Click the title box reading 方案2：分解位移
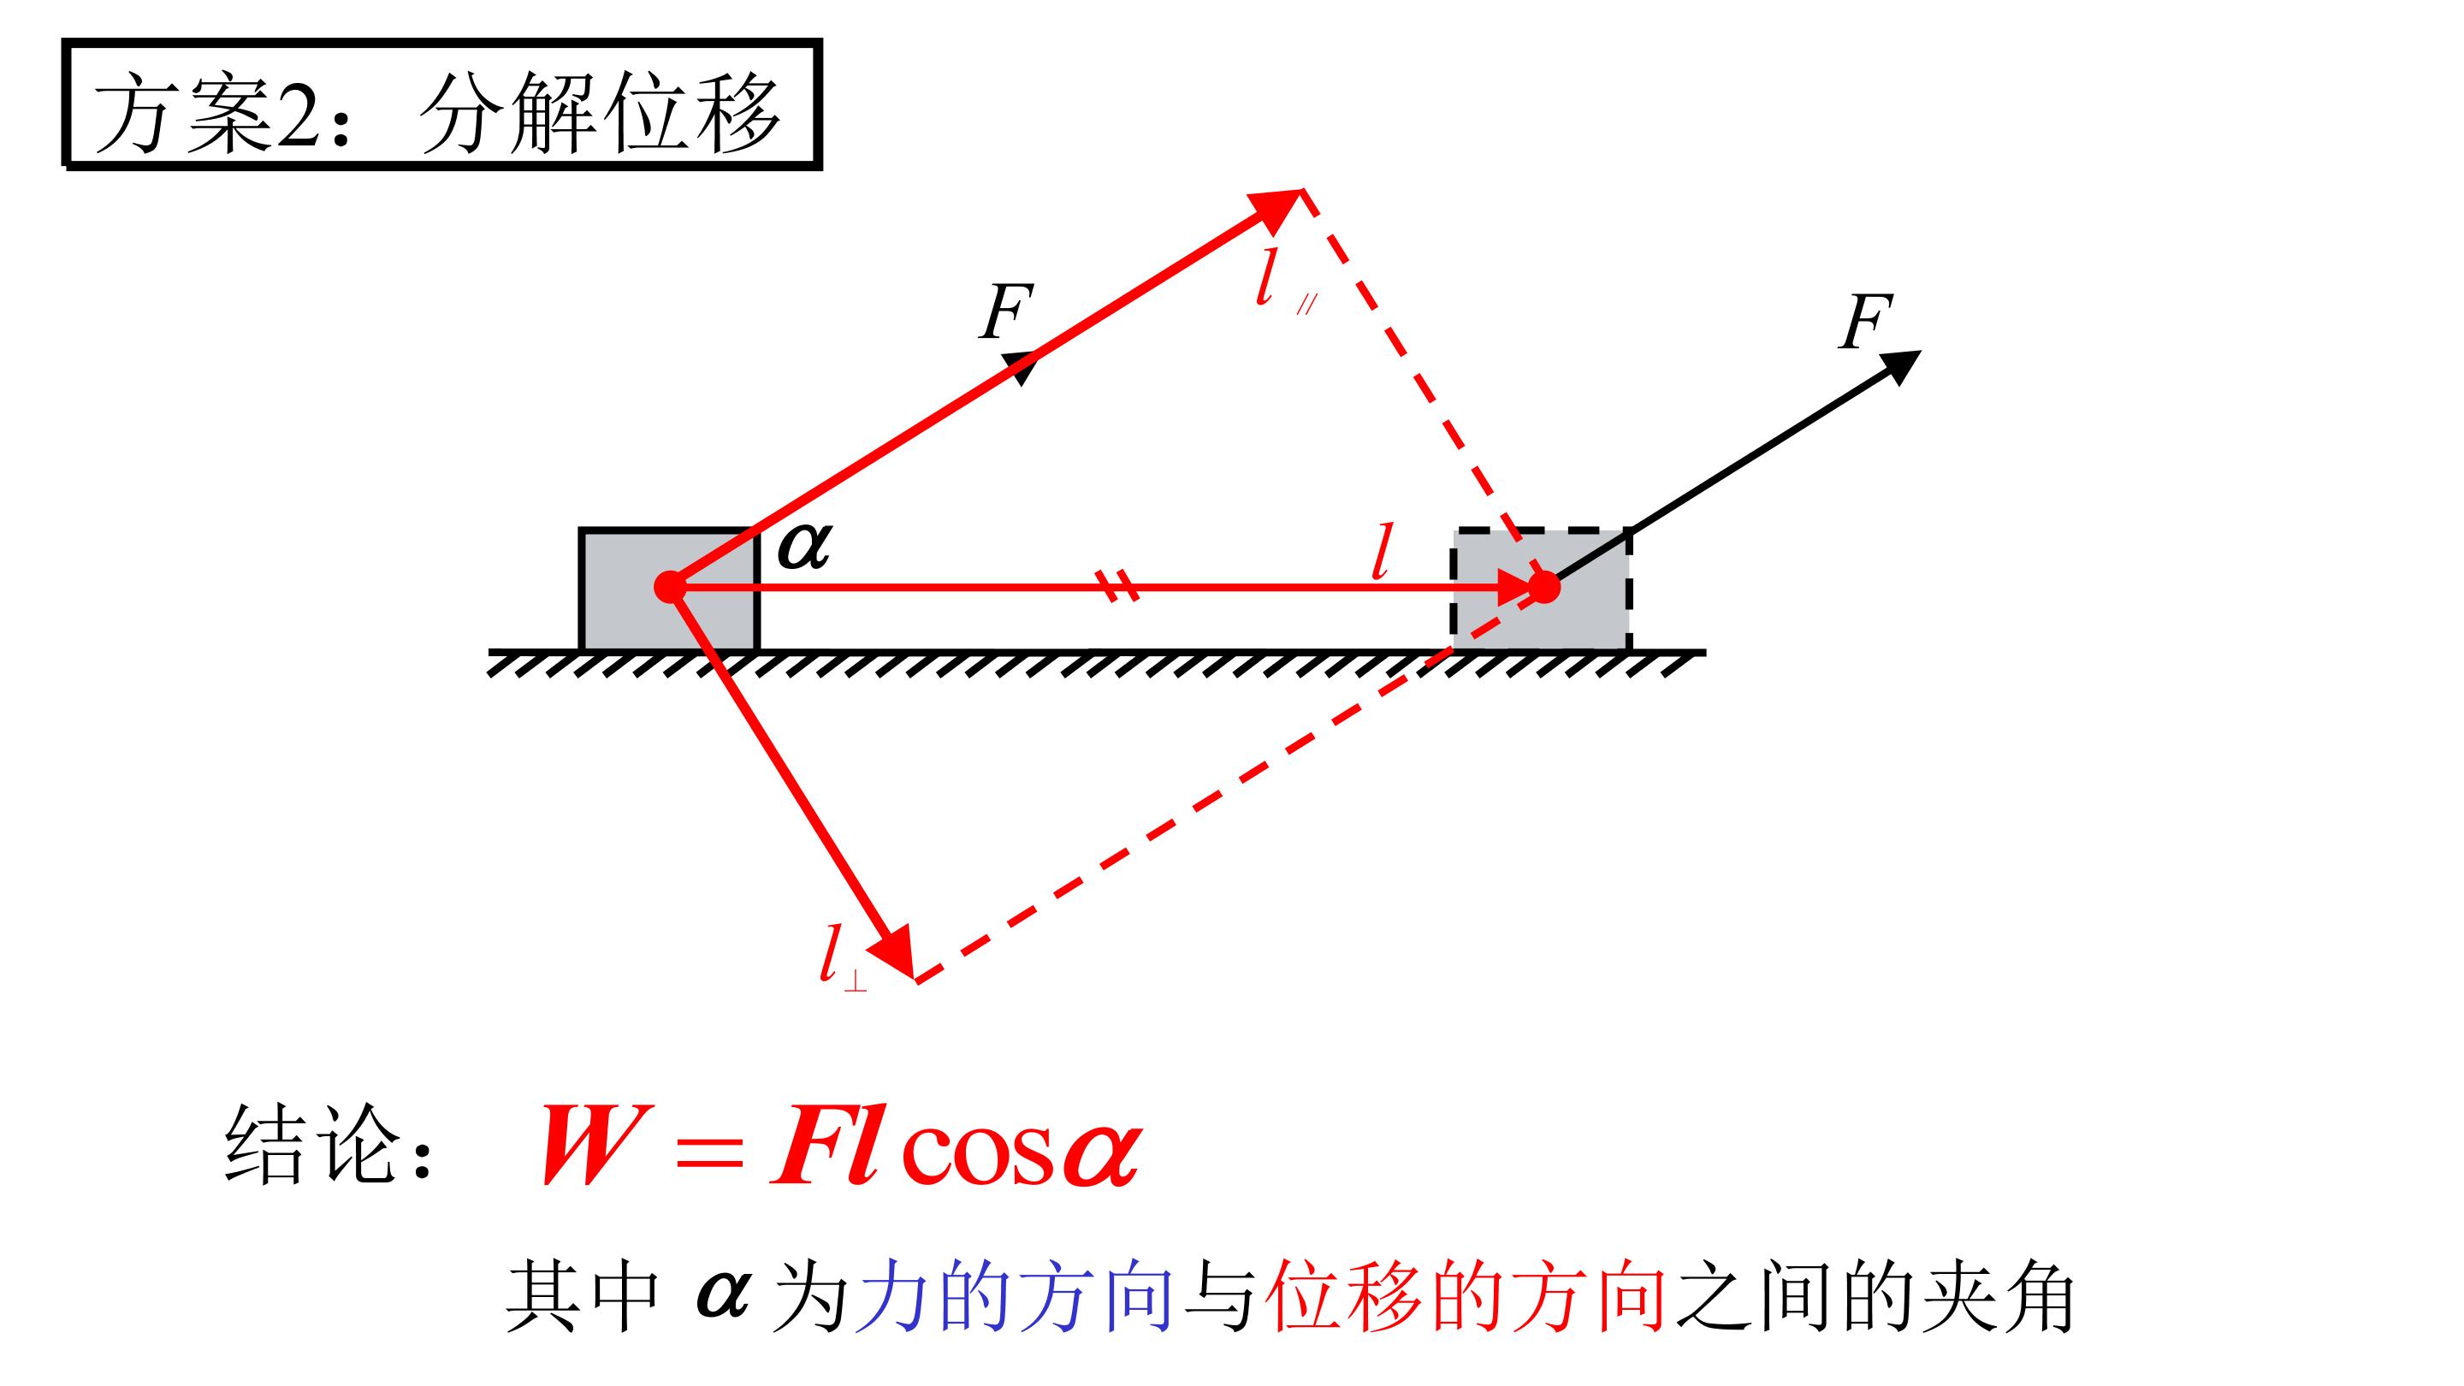point(442,104)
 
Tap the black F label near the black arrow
point(1866,323)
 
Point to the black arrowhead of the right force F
point(1898,366)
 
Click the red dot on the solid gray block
point(670,586)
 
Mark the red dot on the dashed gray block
point(1543,586)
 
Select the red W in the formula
point(589,1145)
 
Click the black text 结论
point(311,1144)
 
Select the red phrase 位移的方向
point(1466,1298)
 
